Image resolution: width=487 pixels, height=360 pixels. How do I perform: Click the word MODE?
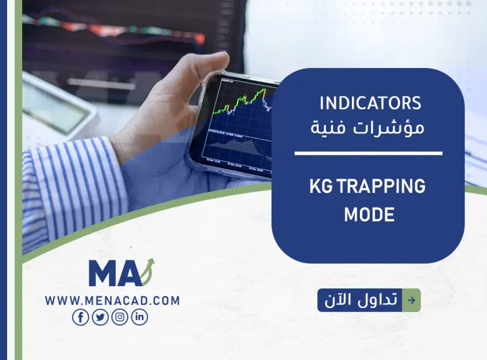pyautogui.click(x=369, y=214)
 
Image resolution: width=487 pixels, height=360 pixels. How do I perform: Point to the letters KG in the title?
pyautogui.click(x=321, y=187)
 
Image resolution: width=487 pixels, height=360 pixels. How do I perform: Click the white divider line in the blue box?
pyautogui.click(x=368, y=153)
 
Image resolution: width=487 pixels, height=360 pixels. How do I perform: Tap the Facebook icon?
pyautogui.click(x=80, y=317)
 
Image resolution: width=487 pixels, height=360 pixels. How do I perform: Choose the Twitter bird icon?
pyautogui.click(x=100, y=317)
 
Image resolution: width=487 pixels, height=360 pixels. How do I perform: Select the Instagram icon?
pyautogui.click(x=120, y=317)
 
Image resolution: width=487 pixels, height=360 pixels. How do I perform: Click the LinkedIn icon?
pyautogui.click(x=139, y=317)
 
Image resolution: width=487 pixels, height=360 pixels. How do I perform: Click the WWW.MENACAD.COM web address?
pyautogui.click(x=112, y=301)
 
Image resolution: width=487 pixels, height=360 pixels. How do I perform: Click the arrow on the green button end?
pyautogui.click(x=411, y=300)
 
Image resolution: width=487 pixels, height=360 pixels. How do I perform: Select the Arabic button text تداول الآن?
pyautogui.click(x=360, y=300)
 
